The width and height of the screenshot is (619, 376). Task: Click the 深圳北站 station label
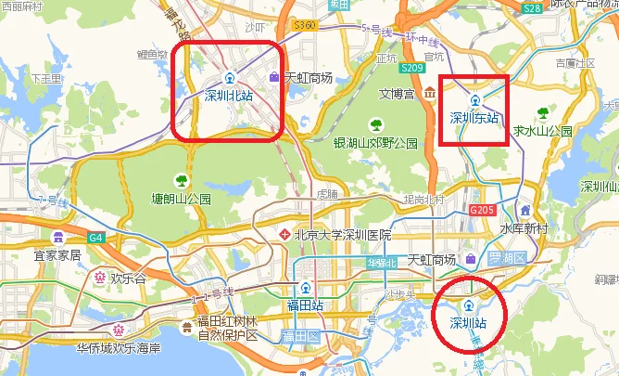point(228,94)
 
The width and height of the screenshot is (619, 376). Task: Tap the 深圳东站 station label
point(474,118)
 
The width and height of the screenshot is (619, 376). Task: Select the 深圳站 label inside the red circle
point(468,323)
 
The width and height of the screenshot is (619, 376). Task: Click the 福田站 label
point(304,304)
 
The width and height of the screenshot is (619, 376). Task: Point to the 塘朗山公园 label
point(182,199)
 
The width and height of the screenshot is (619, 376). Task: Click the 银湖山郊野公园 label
point(376,143)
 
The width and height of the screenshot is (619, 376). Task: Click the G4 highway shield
point(97,237)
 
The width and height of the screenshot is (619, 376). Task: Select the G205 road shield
point(482,211)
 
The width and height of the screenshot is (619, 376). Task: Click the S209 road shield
point(411,68)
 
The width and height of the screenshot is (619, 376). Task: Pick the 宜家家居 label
point(57,254)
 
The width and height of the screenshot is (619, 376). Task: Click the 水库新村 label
point(525,228)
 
